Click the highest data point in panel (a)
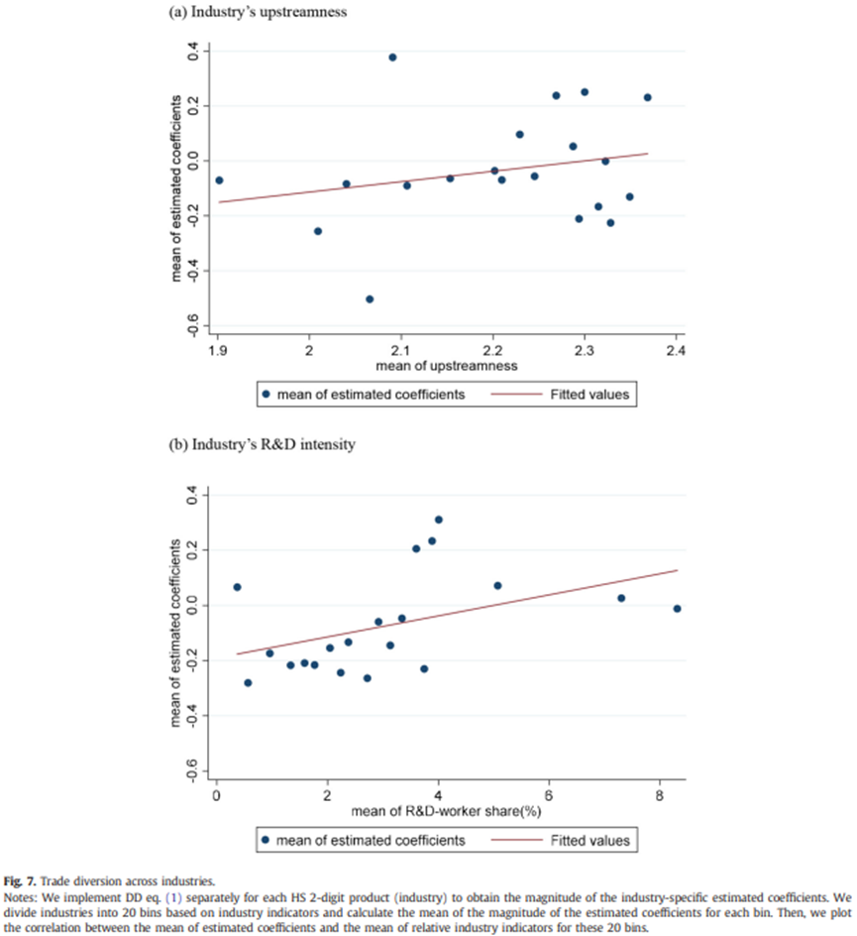[392, 58]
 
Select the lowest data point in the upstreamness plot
[370, 299]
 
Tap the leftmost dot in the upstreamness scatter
[220, 180]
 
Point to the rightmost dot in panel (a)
[648, 97]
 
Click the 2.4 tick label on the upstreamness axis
[676, 350]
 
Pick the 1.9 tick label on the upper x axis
[218, 350]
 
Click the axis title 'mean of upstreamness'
[447, 366]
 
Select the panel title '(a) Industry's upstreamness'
[258, 12]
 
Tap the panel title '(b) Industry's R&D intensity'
[262, 445]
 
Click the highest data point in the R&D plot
[439, 520]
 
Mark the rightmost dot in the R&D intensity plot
[677, 609]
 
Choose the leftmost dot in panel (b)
[238, 587]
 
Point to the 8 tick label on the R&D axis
[660, 796]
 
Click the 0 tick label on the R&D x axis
[217, 796]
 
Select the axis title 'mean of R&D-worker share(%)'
[446, 811]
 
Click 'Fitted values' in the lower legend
[589, 841]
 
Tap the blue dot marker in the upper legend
[266, 394]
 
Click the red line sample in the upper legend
[516, 394]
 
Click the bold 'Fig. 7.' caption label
[20, 881]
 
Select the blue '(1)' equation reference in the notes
[173, 897]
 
